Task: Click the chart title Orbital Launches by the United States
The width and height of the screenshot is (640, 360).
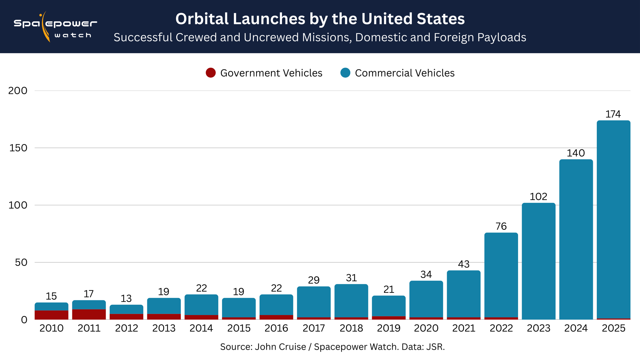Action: click(x=320, y=19)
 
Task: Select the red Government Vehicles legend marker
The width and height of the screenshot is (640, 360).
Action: click(x=211, y=73)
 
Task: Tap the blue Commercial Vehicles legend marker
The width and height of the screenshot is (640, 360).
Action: click(x=345, y=73)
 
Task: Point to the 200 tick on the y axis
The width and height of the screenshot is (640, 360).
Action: click(x=18, y=91)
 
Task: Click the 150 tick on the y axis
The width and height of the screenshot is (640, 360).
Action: click(x=18, y=148)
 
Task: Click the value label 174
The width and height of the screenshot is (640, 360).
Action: click(x=613, y=114)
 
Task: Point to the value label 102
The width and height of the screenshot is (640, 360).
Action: click(x=539, y=196)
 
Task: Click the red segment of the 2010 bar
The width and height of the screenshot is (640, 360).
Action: click(x=52, y=315)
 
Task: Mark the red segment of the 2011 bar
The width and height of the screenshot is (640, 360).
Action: click(x=89, y=314)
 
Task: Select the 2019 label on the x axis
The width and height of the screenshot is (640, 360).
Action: click(x=389, y=328)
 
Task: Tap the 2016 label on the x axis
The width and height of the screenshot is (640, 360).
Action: click(x=276, y=328)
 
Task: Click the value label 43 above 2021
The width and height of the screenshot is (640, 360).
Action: click(x=464, y=264)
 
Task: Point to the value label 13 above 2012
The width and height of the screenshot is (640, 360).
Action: click(x=126, y=299)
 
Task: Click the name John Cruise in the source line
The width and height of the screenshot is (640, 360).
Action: click(x=280, y=347)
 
